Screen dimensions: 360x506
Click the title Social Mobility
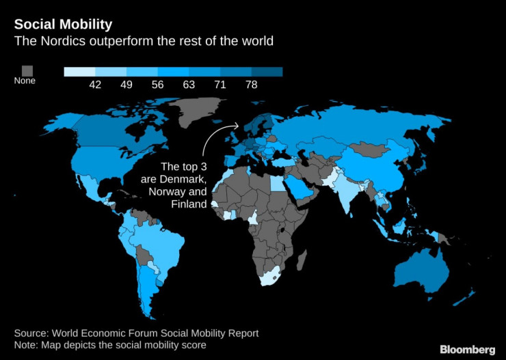point(63,25)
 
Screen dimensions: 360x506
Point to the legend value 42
point(95,85)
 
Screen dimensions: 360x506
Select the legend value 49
point(126,85)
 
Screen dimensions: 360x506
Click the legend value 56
point(158,85)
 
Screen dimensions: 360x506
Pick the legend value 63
point(189,85)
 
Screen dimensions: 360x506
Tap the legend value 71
point(220,85)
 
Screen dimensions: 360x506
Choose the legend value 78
point(251,85)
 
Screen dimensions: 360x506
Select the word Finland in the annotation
point(189,204)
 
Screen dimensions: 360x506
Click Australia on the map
point(421,270)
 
